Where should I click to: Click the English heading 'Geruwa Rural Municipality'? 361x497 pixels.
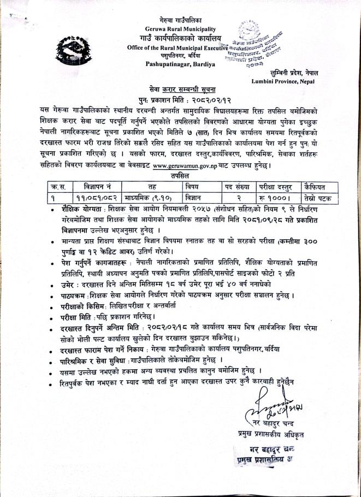pyautogui.click(x=180, y=28)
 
